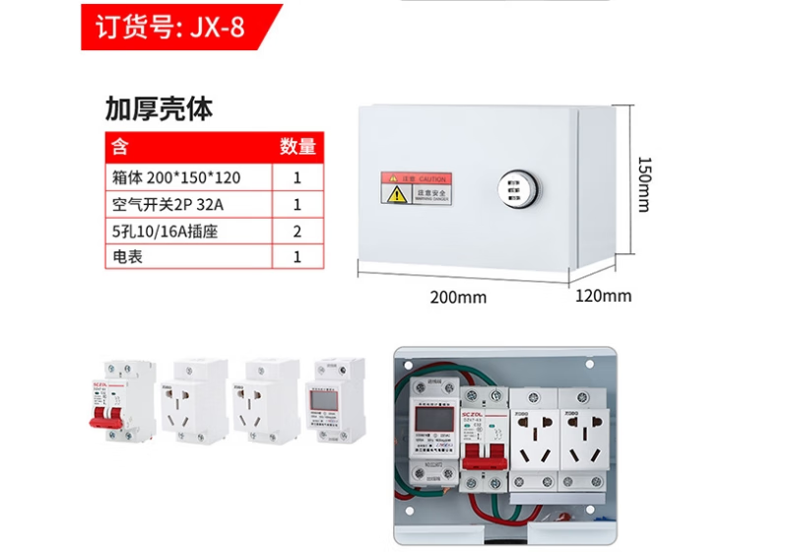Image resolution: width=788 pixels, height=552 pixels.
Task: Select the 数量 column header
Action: click(297, 147)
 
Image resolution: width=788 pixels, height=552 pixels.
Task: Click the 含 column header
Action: click(119, 147)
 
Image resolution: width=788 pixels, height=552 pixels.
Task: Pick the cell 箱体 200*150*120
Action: click(177, 178)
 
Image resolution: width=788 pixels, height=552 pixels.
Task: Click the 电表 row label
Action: click(128, 257)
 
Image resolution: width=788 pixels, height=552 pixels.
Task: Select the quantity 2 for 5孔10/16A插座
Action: click(297, 232)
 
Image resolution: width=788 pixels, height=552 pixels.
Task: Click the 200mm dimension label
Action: click(458, 297)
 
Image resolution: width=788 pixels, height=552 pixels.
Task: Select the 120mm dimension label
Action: click(603, 296)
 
